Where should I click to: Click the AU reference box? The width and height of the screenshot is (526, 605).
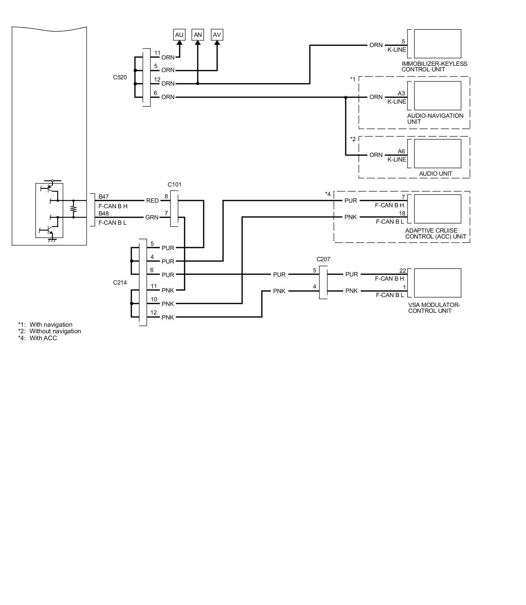pos(179,35)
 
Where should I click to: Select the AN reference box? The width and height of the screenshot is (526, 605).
pos(198,35)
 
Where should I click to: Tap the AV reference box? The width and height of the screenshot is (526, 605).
pos(217,35)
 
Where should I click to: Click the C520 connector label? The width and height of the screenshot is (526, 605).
pos(120,78)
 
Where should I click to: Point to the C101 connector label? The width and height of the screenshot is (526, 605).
pos(174,185)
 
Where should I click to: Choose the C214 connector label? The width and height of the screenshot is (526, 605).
pos(120,283)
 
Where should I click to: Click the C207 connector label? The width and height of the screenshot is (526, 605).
pos(323,259)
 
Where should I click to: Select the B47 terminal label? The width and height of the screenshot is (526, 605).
pos(104,197)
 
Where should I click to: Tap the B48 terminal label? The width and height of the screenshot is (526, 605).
pos(104,214)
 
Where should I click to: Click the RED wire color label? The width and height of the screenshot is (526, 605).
pos(152,201)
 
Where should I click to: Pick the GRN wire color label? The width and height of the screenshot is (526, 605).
pos(152,217)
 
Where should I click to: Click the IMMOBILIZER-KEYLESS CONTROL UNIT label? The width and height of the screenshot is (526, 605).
pos(434,66)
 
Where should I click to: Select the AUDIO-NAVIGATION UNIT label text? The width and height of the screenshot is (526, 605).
pos(435,119)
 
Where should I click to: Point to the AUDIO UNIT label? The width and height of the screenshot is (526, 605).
pos(435,174)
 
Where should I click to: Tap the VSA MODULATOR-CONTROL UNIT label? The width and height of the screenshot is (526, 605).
pos(434,308)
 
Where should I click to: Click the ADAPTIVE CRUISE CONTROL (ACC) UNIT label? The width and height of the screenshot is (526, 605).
pos(435,234)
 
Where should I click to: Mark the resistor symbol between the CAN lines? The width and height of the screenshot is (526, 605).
pos(73,209)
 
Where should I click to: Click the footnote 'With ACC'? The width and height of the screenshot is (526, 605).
pos(43,338)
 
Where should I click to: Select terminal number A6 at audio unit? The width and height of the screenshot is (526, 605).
pos(401,151)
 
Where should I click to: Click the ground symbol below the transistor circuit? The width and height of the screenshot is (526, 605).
pos(52,240)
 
